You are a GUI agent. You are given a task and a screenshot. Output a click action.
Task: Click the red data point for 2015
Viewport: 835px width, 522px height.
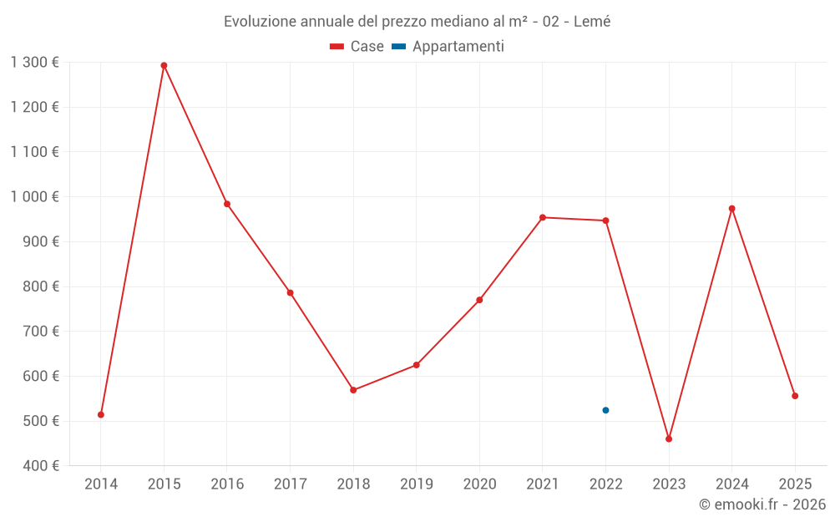pyautogui.click(x=164, y=65)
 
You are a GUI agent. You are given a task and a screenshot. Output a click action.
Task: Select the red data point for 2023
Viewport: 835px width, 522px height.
pyautogui.click(x=669, y=438)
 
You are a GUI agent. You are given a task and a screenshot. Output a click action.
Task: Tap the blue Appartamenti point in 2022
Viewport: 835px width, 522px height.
pyautogui.click(x=605, y=410)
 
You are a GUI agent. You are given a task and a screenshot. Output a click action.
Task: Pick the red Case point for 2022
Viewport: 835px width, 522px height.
pyautogui.click(x=605, y=220)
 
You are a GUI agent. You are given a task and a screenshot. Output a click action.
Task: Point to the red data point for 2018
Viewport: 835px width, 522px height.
pyautogui.click(x=353, y=390)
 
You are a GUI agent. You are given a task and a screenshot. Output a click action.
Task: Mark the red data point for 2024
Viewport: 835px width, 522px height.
pyautogui.click(x=731, y=208)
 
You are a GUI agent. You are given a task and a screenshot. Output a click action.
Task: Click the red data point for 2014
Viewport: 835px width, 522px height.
pyautogui.click(x=101, y=414)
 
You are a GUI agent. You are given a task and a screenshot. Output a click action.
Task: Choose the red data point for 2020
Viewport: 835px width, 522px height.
pyautogui.click(x=479, y=300)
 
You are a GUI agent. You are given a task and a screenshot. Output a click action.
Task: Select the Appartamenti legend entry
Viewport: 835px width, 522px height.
pyautogui.click(x=458, y=47)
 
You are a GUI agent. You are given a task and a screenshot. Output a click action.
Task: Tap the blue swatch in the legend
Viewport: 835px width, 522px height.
pyautogui.click(x=398, y=47)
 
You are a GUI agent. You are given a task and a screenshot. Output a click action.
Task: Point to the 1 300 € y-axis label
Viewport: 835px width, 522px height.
pyautogui.click(x=34, y=62)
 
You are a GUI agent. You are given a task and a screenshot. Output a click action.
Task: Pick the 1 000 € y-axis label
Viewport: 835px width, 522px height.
pyautogui.click(x=34, y=196)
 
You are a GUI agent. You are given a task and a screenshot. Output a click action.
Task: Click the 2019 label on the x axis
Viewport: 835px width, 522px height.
pyautogui.click(x=416, y=484)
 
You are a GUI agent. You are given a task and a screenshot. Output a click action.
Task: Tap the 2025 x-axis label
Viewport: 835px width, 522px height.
pyautogui.click(x=794, y=484)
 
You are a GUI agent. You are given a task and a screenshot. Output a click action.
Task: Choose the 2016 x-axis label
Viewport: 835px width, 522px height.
pyautogui.click(x=227, y=484)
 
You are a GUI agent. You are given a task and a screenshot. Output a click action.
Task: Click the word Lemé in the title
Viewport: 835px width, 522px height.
pyautogui.click(x=592, y=22)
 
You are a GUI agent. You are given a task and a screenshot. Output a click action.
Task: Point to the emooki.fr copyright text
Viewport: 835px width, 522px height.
pyautogui.click(x=762, y=504)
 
